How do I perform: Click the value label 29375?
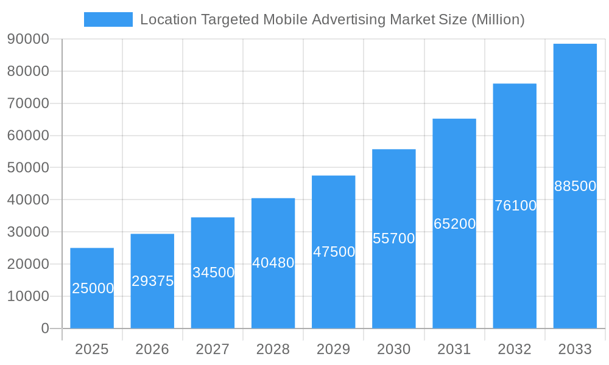click(153, 281)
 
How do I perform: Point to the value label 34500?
click(213, 273)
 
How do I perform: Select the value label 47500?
click(334, 252)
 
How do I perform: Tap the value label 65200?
click(454, 224)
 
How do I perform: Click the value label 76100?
click(515, 206)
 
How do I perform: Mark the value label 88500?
click(575, 186)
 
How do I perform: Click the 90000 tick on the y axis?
click(28, 40)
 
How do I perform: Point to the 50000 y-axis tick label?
click(28, 168)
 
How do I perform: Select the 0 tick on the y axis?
click(45, 328)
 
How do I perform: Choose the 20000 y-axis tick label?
click(28, 264)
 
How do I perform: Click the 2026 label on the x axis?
click(152, 349)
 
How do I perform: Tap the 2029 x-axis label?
click(334, 349)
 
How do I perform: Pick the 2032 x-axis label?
click(515, 349)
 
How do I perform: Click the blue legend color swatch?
click(108, 19)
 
